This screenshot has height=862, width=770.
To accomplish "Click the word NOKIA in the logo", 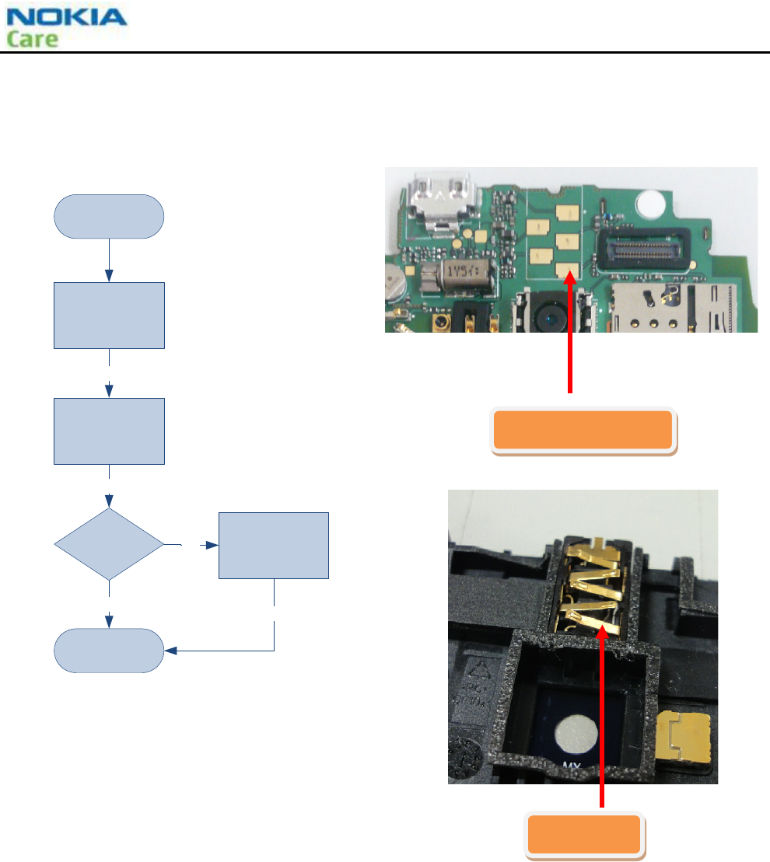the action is (65, 17).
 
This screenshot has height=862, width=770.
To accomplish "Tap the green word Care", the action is (33, 39).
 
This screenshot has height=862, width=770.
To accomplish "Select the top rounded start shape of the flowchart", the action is (109, 216).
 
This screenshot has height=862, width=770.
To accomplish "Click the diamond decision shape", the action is (109, 544).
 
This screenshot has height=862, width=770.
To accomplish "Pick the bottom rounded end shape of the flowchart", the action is (109, 650).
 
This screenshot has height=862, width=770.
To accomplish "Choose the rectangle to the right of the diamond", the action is (274, 545).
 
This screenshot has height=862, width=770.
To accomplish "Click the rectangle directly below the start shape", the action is (109, 315).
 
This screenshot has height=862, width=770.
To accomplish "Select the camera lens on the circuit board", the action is (554, 317).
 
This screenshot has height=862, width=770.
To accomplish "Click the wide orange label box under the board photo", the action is (583, 430).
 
